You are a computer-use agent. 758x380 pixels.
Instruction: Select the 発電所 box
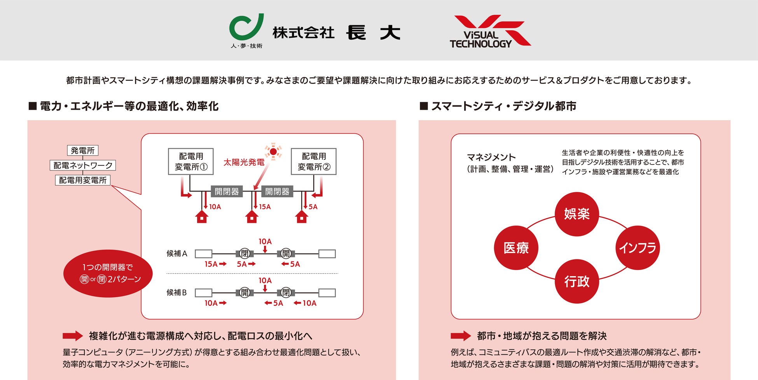tap(82, 151)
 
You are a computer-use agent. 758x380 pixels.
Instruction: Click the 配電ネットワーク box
tap(83, 165)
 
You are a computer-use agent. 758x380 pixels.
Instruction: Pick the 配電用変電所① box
tap(191, 161)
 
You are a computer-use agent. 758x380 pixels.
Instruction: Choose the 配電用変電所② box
tap(314, 161)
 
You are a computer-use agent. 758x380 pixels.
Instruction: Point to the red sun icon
tap(273, 151)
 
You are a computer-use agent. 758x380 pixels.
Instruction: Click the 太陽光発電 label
tap(244, 162)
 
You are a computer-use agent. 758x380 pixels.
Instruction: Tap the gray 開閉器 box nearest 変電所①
tap(227, 191)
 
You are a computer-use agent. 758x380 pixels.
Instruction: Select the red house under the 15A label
tap(252, 217)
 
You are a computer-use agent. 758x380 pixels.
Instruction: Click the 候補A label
tap(177, 254)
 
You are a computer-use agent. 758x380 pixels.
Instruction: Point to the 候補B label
tap(177, 292)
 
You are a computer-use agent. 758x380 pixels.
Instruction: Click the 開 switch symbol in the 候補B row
tap(245, 292)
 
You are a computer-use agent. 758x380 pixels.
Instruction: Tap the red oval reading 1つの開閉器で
tap(108, 273)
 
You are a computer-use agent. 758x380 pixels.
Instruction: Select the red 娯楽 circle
tap(576, 214)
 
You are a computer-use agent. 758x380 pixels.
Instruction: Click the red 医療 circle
tap(516, 248)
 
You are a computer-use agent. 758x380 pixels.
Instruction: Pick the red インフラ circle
tap(637, 248)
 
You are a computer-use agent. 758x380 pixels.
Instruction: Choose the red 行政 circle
tap(576, 281)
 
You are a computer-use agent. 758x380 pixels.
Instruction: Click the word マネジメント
tap(491, 158)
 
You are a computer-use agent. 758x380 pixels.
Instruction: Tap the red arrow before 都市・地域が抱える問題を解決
tap(461, 336)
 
